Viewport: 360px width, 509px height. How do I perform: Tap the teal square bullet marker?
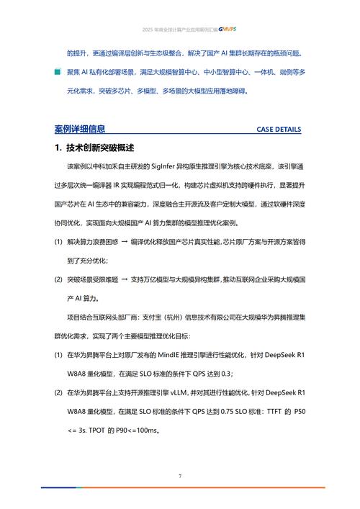pyautogui.click(x=58, y=73)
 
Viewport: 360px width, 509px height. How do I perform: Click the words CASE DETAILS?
pyautogui.click(x=279, y=130)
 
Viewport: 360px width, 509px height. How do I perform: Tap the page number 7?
pyautogui.click(x=180, y=476)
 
